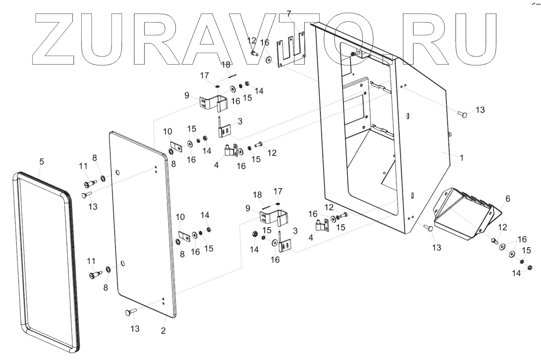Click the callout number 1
pos(462,158)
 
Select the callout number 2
pos(163,331)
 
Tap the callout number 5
pos(41,161)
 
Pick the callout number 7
pos(289,14)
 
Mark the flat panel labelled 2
pos(141,226)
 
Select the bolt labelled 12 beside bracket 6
pos(494,241)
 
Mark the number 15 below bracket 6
pos(526,251)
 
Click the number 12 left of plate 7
pos(252,40)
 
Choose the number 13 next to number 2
pos(135,329)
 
